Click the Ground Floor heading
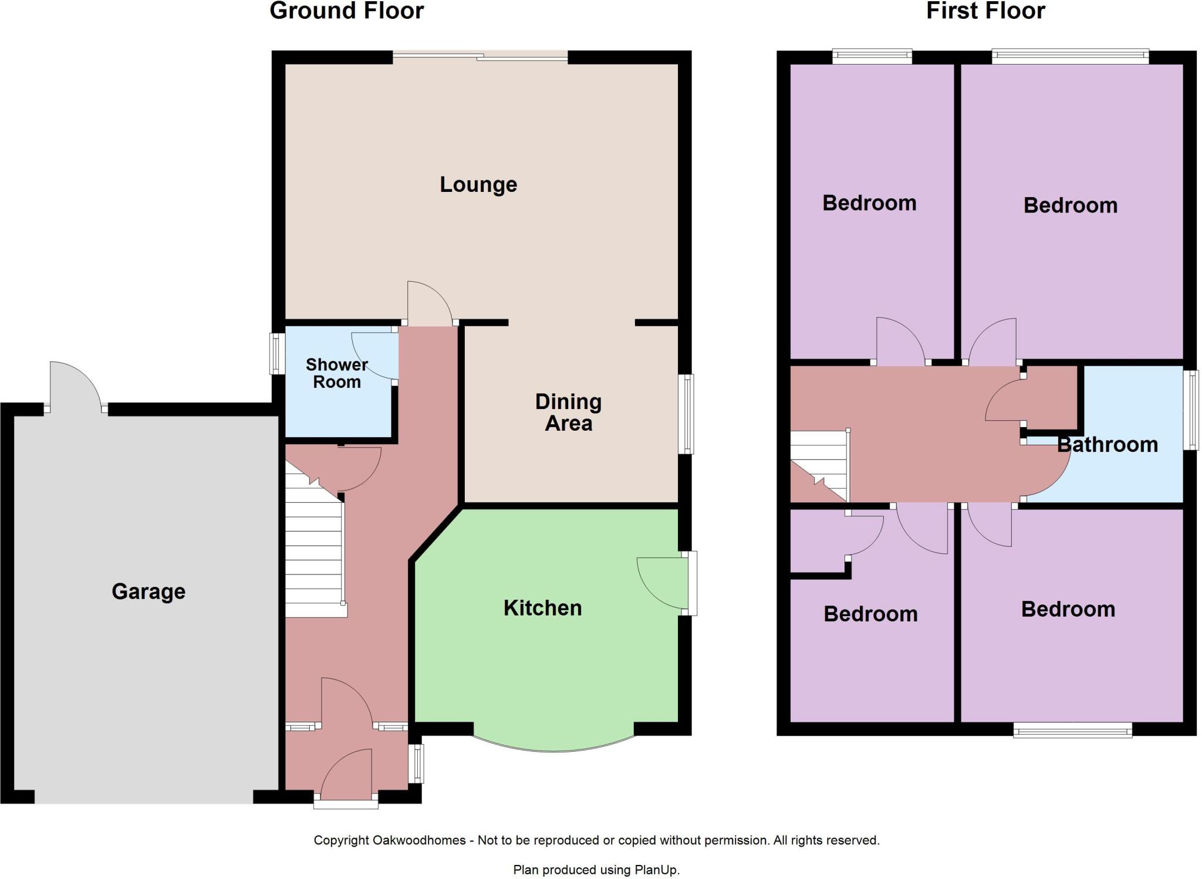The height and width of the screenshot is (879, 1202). pyautogui.click(x=346, y=11)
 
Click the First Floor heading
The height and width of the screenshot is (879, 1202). pyautogui.click(x=985, y=11)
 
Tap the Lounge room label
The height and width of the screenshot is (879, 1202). pyautogui.click(x=478, y=184)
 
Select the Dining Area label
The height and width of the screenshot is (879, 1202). pyautogui.click(x=568, y=412)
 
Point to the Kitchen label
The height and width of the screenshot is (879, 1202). pyautogui.click(x=542, y=608)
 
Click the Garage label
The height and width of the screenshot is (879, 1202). pyautogui.click(x=148, y=591)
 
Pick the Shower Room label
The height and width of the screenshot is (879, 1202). pyautogui.click(x=336, y=373)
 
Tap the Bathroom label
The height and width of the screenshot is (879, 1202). pyautogui.click(x=1107, y=444)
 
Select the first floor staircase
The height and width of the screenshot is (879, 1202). pyautogui.click(x=819, y=464)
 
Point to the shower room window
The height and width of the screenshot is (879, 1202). pyautogui.click(x=276, y=353)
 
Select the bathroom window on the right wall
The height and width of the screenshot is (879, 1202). pyautogui.click(x=1191, y=410)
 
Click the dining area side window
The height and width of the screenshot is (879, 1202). pyautogui.click(x=686, y=414)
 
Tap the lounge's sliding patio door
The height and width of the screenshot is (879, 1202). pyautogui.click(x=480, y=57)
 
